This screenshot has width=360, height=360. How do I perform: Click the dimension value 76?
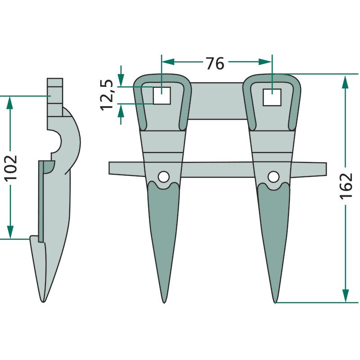[x=215, y=63]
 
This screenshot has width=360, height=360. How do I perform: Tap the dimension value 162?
[x=346, y=185]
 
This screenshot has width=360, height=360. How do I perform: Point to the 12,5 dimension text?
[x=107, y=95]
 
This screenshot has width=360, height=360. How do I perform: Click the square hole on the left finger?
[x=162, y=95]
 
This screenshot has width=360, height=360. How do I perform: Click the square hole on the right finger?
[x=272, y=97]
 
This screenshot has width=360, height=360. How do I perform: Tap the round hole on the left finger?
[x=164, y=177]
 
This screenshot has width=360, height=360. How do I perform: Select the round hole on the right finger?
[x=274, y=177]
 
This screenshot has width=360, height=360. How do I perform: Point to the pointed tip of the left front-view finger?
[x=164, y=303]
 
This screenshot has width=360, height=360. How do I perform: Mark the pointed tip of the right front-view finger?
[x=275, y=303]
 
